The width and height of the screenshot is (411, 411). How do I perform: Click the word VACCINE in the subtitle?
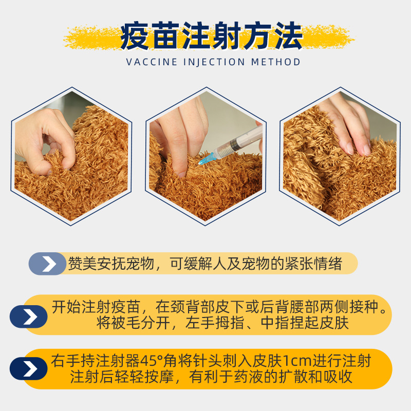(148, 62)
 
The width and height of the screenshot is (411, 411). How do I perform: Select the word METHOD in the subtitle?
(276, 62)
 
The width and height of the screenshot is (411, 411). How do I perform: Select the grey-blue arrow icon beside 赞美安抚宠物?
(48, 264)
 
